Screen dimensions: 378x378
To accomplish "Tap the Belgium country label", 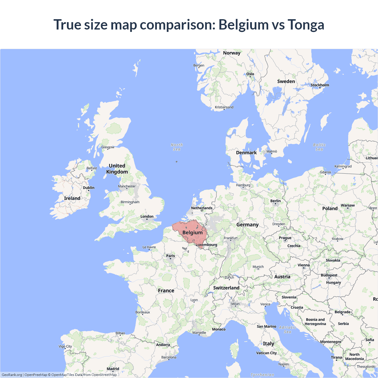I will click(193, 232).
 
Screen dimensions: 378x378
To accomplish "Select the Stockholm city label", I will click(320, 85).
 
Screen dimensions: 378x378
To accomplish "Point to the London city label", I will click(147, 216).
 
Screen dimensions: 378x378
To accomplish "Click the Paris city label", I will click(170, 256).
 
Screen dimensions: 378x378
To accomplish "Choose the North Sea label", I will click(177, 147).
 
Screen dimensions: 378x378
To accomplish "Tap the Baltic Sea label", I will click(319, 147).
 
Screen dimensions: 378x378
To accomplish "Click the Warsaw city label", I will click(348, 205).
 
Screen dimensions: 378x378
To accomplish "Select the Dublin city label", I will click(89, 188).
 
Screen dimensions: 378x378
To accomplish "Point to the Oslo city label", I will click(250, 74).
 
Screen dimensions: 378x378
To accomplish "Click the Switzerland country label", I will click(226, 288).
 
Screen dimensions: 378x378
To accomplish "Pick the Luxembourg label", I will click(206, 245).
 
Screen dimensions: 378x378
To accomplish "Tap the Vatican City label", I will click(266, 353).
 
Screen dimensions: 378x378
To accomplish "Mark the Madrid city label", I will click(113, 369).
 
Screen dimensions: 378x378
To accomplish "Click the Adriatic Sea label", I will click(287, 330).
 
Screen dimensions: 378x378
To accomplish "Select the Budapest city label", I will click(329, 275).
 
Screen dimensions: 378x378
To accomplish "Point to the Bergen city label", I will click(199, 65).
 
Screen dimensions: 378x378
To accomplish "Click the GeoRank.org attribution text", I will click(12, 375).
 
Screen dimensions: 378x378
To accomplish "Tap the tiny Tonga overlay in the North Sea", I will click(177, 162).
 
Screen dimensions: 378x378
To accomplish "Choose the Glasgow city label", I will click(108, 147).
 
